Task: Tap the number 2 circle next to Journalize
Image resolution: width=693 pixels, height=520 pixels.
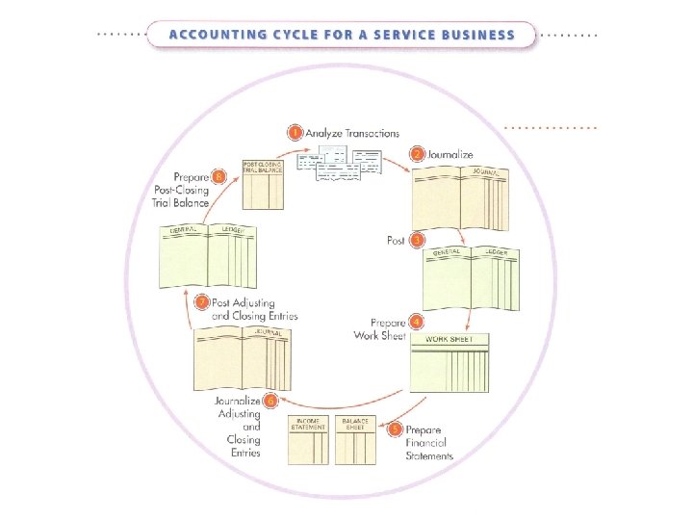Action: (x=417, y=154)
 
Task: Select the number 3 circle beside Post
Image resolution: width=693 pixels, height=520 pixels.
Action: (x=417, y=240)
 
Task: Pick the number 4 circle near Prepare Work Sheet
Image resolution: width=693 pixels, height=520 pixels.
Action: (x=416, y=322)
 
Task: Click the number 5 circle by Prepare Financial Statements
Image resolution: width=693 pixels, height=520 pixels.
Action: (x=395, y=429)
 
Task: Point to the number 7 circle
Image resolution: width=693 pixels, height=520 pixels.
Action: (x=201, y=302)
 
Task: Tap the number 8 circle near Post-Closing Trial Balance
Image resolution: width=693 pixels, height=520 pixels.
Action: (x=219, y=176)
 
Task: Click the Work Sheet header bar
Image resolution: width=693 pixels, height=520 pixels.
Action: (x=449, y=340)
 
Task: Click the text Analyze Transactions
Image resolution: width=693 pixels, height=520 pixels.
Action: (x=352, y=133)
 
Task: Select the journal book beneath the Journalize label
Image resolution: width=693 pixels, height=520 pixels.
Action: (x=459, y=198)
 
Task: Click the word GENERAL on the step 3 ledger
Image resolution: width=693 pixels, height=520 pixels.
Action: (x=447, y=252)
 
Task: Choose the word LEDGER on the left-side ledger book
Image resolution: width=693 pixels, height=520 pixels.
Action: (x=233, y=230)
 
